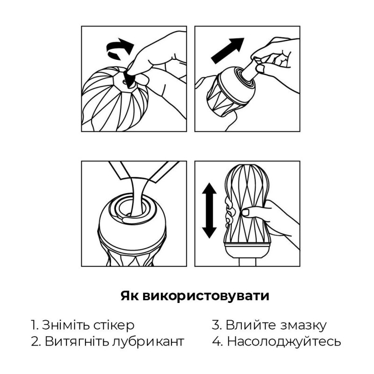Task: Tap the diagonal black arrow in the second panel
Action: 228,50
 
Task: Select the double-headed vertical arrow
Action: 209,210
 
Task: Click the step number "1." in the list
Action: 34,325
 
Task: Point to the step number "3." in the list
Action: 216,325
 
